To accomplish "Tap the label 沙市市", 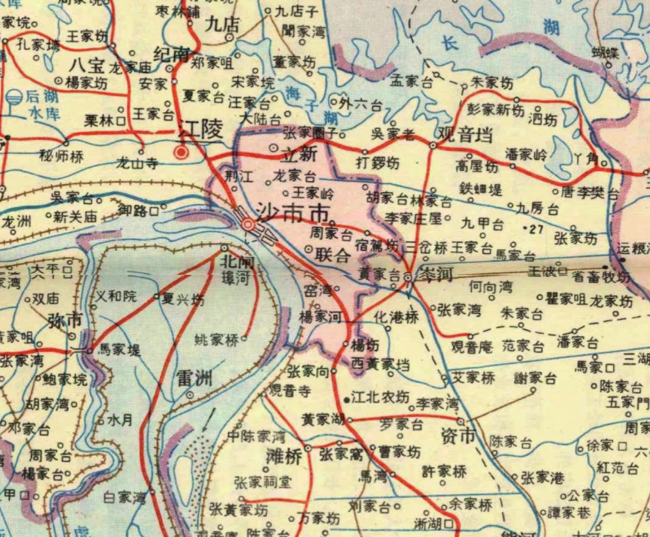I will pos(293,213).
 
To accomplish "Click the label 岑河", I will pos(435,274).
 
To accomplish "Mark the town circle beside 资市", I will pos(461,422).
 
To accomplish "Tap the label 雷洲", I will pos(194,379).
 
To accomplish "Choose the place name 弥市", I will pos(65,321).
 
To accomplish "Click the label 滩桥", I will pos(284,456).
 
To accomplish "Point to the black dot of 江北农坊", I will pos(347,400).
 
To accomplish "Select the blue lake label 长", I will pos(450,42).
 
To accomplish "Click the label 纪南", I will pos(172,55).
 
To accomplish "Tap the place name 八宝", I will pos(87,65).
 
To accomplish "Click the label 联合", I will pos(332,255).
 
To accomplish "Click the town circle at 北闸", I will pos(225,248).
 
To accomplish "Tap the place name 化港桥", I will pos(396,317).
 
